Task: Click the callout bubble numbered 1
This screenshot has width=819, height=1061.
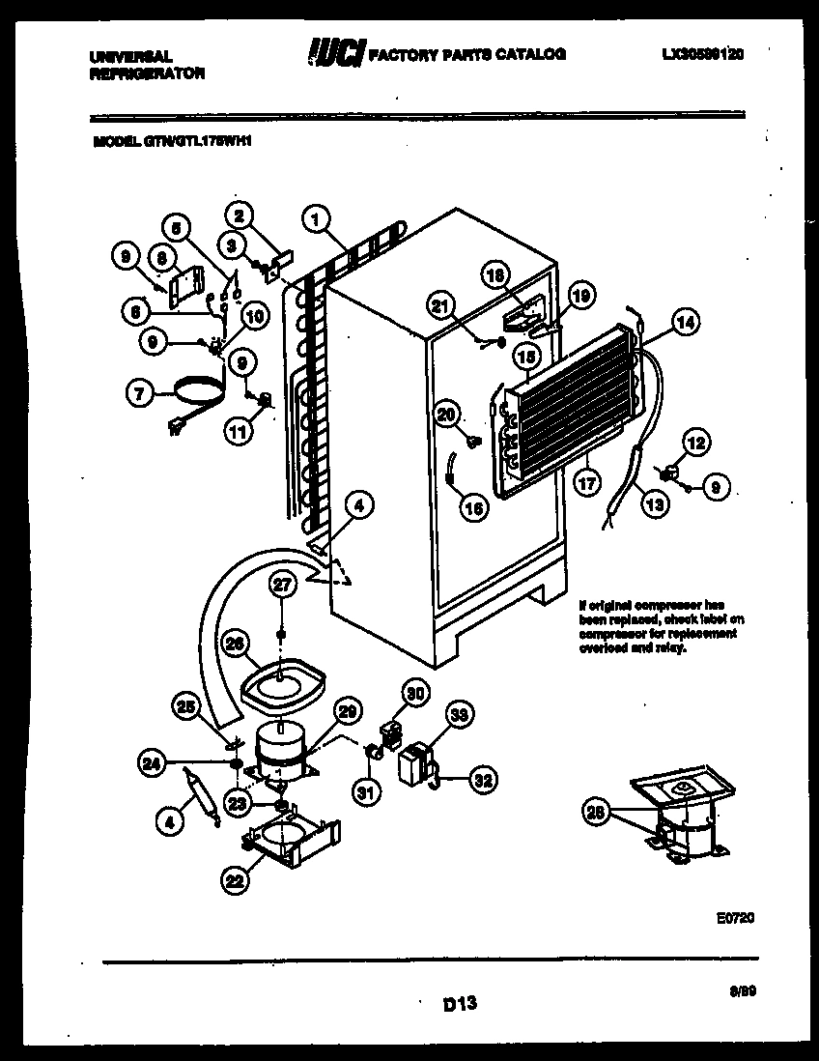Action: pos(315,219)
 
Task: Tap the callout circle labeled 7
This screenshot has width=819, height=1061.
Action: pos(141,393)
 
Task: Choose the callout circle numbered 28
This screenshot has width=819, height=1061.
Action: pos(598,813)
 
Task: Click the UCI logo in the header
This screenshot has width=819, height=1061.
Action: pos(331,54)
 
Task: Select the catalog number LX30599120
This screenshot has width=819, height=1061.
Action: pos(692,55)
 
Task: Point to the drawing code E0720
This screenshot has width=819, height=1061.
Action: pos(735,917)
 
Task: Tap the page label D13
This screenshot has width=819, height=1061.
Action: pos(461,1005)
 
